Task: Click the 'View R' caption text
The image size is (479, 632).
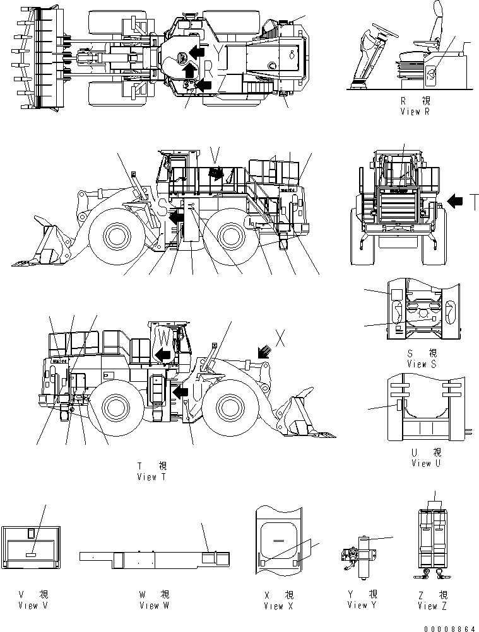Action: (x=415, y=111)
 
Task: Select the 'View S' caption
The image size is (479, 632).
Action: (x=422, y=364)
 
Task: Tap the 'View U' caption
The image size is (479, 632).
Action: (x=421, y=463)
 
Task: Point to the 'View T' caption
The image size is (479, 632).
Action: (x=151, y=477)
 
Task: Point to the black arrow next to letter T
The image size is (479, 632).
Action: (x=456, y=201)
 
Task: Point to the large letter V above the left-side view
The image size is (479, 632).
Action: (x=215, y=152)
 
